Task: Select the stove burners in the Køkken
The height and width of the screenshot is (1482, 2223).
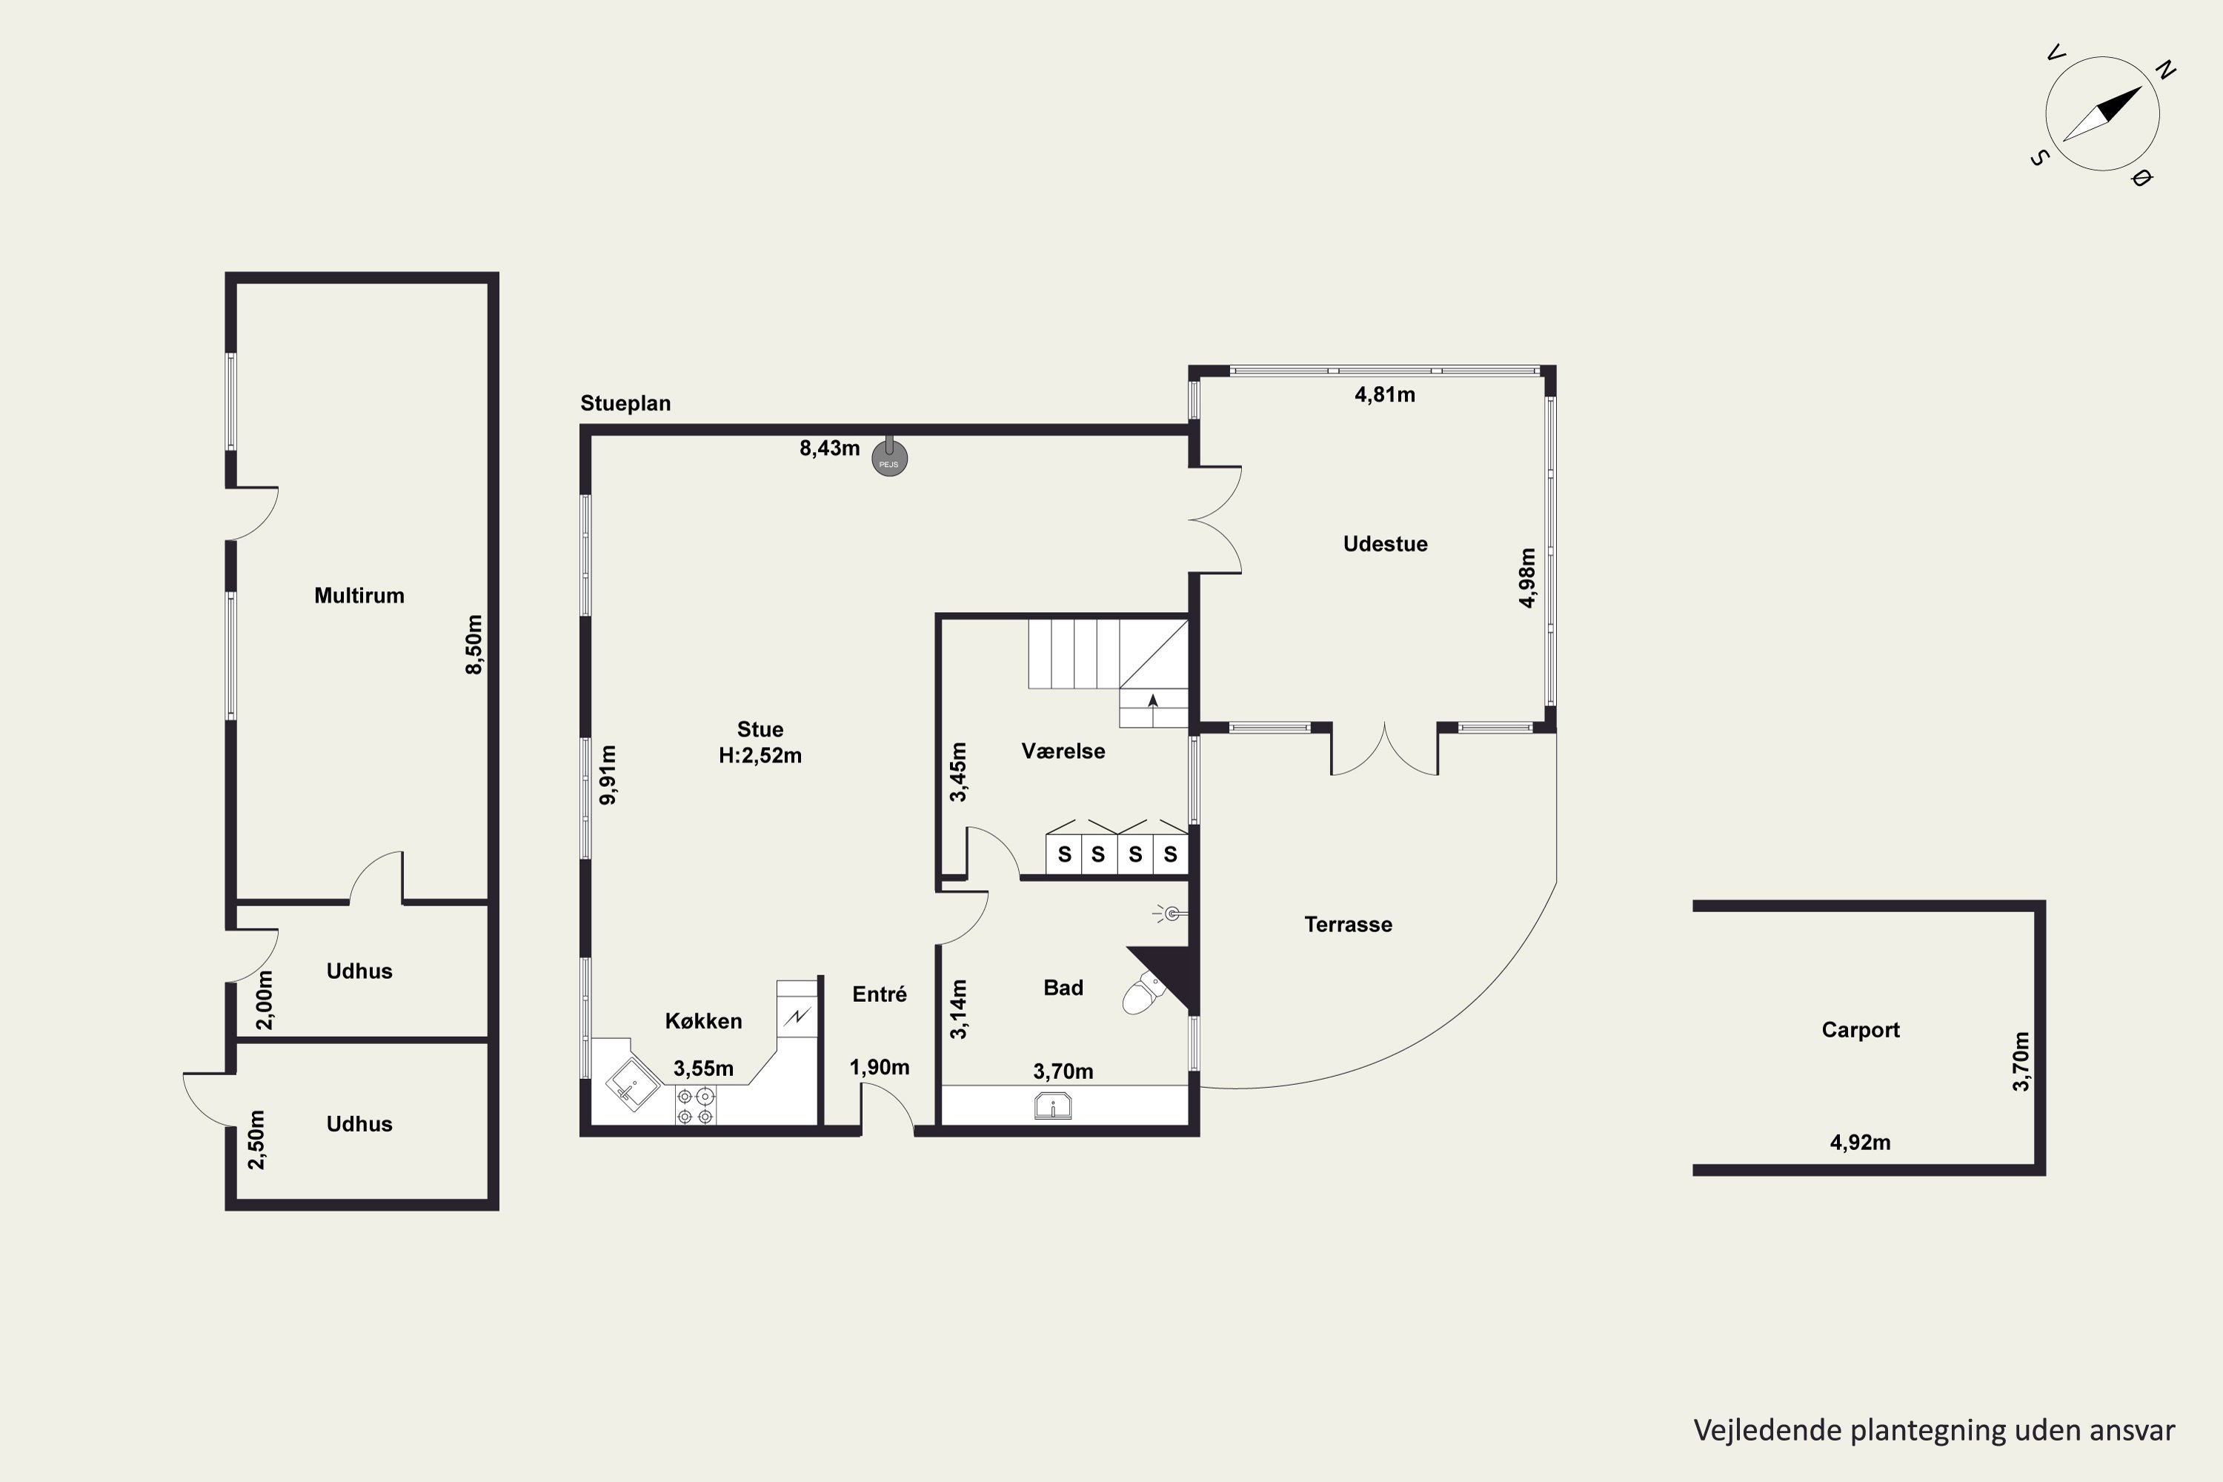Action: (696, 1106)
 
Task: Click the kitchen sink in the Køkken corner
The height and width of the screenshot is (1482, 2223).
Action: (632, 1084)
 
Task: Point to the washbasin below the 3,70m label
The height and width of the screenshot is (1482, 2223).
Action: (1053, 1106)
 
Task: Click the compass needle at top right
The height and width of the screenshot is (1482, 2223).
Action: (2102, 114)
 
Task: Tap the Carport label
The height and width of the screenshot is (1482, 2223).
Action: (1860, 1029)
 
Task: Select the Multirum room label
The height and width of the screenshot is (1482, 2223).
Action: (359, 596)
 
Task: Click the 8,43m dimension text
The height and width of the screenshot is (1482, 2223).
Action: (830, 448)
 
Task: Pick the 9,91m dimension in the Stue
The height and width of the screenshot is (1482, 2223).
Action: (608, 775)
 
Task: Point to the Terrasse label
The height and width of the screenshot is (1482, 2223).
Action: (1348, 924)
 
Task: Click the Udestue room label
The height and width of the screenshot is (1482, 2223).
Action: (1386, 543)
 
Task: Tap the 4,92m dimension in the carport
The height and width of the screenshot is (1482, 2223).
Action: (1860, 1143)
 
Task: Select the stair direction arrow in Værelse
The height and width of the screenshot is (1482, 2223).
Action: (1153, 700)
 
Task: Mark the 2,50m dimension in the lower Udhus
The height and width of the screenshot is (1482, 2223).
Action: (257, 1140)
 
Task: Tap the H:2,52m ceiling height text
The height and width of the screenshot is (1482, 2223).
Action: (760, 755)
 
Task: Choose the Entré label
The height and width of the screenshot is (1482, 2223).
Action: (879, 994)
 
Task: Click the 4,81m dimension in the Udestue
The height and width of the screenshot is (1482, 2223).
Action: (1385, 395)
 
